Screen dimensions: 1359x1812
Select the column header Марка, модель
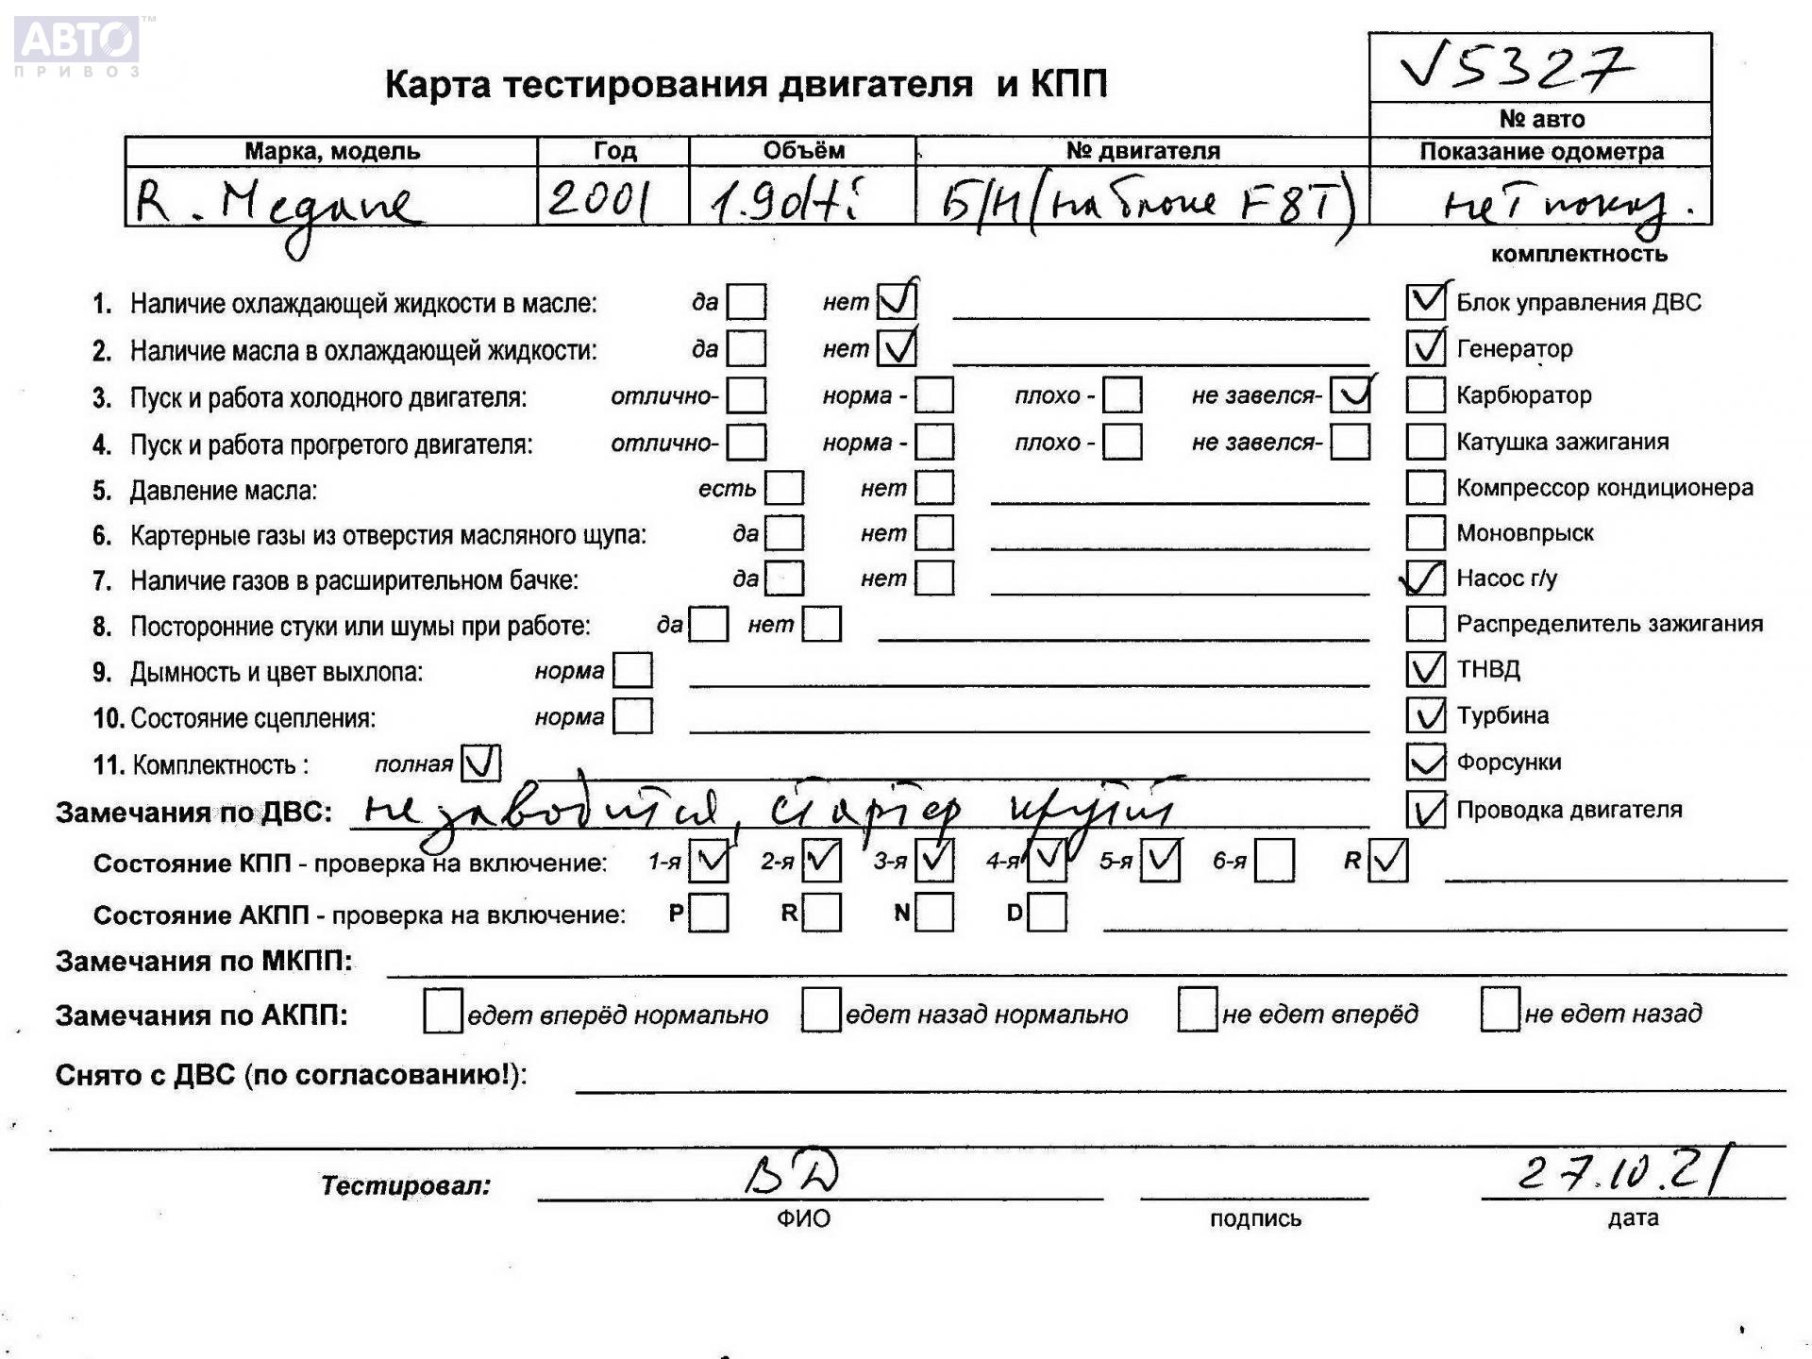331,151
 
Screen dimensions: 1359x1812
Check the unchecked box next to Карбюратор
1425,395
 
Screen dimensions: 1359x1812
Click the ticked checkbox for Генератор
1425,348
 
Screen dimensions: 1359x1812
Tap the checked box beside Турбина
1425,715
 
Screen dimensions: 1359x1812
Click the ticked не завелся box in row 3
1351,395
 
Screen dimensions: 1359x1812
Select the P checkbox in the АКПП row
709,913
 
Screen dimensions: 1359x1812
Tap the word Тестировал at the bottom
406,1185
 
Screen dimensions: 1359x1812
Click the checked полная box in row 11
480,763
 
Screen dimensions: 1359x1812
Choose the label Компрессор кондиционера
1604,488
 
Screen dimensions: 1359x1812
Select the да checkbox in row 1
747,303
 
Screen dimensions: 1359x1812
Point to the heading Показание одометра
1541,152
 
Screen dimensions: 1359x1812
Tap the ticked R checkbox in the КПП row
1387,861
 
